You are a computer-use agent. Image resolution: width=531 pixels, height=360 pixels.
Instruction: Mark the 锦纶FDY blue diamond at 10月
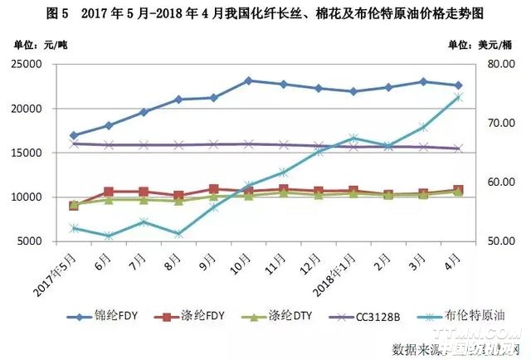coord(249,80)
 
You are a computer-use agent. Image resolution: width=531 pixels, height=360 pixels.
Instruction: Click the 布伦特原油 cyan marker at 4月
coord(459,98)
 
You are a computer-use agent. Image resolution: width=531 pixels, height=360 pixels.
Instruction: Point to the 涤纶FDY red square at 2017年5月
coord(75,205)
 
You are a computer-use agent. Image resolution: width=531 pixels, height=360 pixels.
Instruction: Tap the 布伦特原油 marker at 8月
coord(179,234)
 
